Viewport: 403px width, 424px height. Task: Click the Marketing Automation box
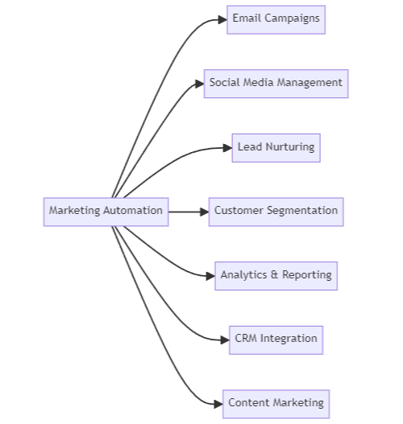[x=106, y=212]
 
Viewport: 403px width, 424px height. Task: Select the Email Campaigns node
[x=276, y=19]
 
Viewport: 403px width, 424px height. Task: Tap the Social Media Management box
[x=276, y=83]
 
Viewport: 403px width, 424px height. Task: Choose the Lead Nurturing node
[x=276, y=147]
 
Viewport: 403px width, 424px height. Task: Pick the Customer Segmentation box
[x=276, y=212]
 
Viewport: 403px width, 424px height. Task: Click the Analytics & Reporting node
[x=276, y=275]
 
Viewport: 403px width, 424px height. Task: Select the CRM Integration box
[x=276, y=339]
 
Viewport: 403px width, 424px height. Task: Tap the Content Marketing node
[x=276, y=403]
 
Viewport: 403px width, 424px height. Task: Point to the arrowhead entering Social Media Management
[x=198, y=83]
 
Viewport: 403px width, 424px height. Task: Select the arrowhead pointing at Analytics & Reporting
[x=210, y=275]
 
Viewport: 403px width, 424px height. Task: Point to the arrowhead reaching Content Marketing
[x=218, y=403]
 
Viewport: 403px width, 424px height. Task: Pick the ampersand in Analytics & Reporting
[x=274, y=275]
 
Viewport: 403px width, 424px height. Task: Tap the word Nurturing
[x=288, y=147]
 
